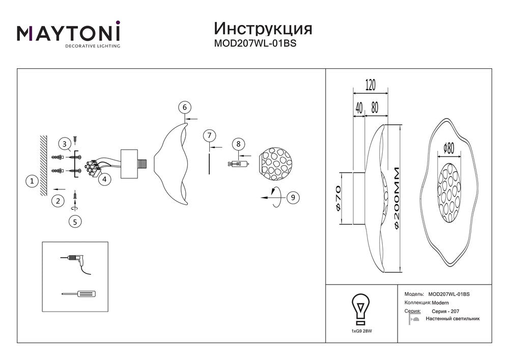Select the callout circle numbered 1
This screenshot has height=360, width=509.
click(32, 181)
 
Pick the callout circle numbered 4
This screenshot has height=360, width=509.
click(104, 179)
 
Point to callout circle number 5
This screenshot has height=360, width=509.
click(75, 221)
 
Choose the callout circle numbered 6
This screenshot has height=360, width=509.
click(185, 107)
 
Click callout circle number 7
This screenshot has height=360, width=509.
click(208, 135)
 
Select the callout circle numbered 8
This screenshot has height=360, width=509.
click(239, 144)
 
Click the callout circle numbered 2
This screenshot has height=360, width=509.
click(59, 201)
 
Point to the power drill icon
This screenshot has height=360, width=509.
click(76, 262)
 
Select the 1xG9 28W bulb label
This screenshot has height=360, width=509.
click(361, 331)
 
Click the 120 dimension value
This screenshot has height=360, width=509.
click(370, 86)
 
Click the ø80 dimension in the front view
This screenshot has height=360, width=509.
click(449, 148)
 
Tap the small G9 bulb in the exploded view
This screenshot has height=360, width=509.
click(238, 163)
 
